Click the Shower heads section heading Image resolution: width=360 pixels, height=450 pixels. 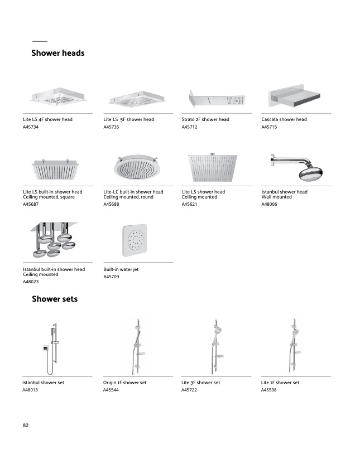click(x=57, y=53)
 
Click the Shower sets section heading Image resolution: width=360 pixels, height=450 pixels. click(x=55, y=299)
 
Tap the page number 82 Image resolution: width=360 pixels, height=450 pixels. click(x=26, y=425)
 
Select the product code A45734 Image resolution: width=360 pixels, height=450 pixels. click(x=31, y=127)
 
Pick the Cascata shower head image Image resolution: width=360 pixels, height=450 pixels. click(x=294, y=96)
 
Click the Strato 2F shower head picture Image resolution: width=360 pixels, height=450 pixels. click(x=217, y=99)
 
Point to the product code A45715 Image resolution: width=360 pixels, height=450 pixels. click(x=269, y=127)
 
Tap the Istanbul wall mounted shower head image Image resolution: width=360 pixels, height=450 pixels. click(x=297, y=167)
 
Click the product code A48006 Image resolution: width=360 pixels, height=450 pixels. click(x=269, y=204)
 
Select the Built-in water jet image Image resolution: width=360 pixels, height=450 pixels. click(x=135, y=240)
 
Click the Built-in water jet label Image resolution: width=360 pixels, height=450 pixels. click(x=121, y=269)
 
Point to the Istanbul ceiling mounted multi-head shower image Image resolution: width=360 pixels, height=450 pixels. click(x=54, y=240)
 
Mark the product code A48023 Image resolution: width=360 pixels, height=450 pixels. click(x=31, y=282)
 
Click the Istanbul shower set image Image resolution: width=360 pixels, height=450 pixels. click(x=52, y=349)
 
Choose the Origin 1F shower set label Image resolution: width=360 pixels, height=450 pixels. click(x=124, y=383)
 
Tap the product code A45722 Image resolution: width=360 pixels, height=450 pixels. click(x=189, y=390)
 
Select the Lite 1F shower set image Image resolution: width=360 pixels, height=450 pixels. click(x=295, y=346)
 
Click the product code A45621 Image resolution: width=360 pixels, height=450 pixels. click(x=189, y=204)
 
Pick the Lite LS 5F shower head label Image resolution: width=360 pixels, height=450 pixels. click(x=129, y=119)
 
